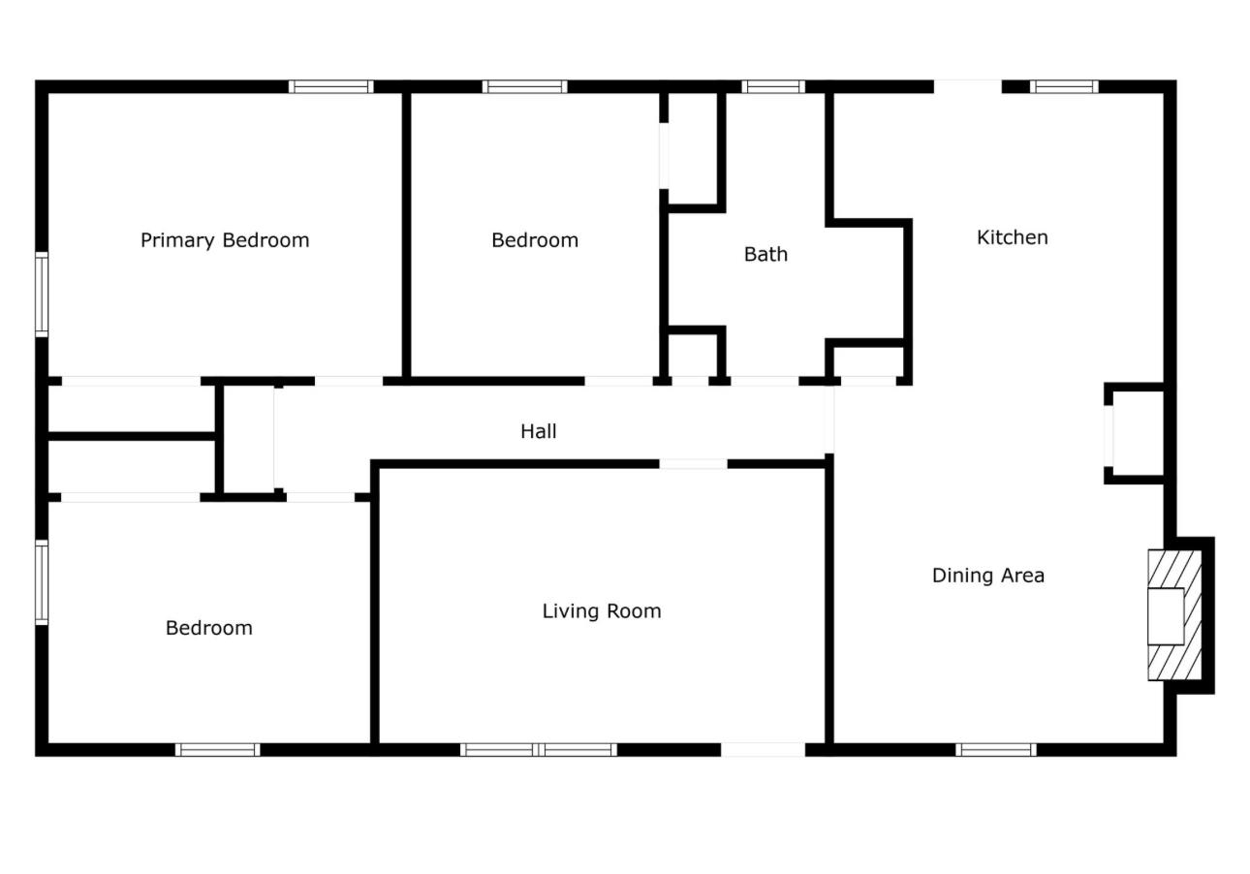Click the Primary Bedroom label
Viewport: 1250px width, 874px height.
click(225, 240)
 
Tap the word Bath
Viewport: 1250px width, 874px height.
click(766, 255)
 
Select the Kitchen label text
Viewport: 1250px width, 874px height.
click(1013, 237)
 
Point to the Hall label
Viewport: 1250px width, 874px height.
click(539, 431)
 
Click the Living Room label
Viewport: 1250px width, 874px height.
click(602, 611)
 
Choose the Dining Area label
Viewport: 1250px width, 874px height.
click(988, 576)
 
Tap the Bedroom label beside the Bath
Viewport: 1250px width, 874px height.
click(535, 240)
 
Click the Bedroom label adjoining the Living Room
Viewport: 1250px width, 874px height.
click(209, 629)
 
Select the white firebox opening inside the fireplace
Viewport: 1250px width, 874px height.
click(1166, 616)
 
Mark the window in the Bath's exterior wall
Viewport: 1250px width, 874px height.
click(773, 86)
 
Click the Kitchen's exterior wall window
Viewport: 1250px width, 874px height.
click(1064, 86)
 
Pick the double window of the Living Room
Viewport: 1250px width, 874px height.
click(539, 750)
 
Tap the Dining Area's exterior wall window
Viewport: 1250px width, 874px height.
click(996, 750)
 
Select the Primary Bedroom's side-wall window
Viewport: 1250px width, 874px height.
click(42, 295)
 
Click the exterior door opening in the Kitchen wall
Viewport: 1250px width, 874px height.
click(968, 86)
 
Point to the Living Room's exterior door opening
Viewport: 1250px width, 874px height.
click(764, 750)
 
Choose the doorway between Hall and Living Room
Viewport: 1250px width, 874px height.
click(694, 464)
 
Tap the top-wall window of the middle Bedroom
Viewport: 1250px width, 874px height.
click(525, 86)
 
